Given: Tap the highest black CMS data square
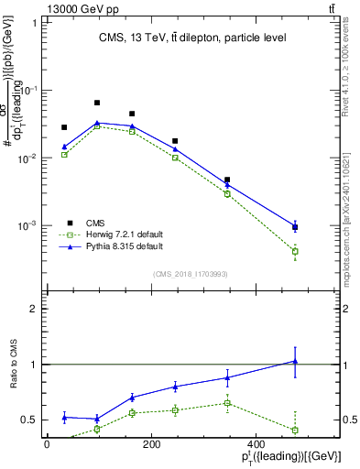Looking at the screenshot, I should (x=97, y=103).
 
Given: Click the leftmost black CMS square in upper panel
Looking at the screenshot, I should (x=64, y=127).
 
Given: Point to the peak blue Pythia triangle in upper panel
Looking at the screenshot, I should (x=97, y=123).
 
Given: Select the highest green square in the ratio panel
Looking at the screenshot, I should (x=226, y=403).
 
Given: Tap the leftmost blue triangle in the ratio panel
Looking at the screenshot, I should (x=64, y=417).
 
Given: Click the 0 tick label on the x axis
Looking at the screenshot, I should (x=48, y=444).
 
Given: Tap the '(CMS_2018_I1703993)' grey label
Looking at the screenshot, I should (x=191, y=273).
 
